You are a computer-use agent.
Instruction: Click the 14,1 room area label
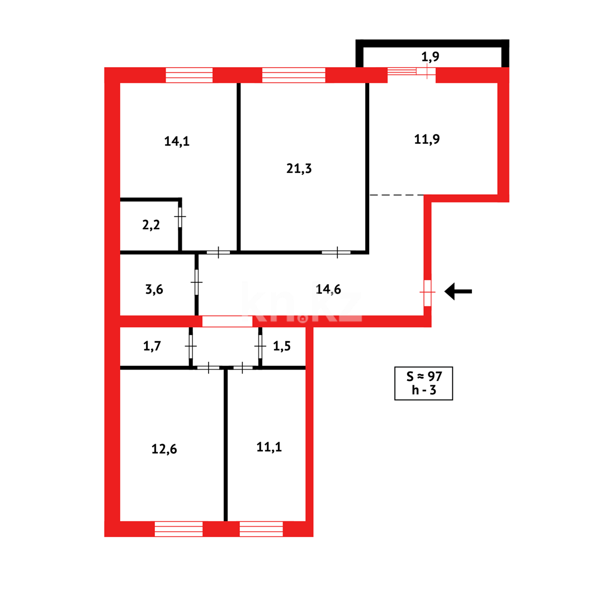tap(177, 141)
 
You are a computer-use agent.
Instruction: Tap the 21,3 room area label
tap(299, 168)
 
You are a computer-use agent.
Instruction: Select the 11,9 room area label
tap(427, 139)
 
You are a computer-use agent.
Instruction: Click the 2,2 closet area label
tap(151, 225)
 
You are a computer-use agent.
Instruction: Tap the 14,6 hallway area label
tap(328, 289)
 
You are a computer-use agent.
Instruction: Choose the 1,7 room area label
tap(152, 346)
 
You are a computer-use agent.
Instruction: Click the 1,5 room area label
tap(282, 346)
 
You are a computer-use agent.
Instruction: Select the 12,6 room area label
tap(164, 449)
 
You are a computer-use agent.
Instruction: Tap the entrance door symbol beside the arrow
tap(428, 292)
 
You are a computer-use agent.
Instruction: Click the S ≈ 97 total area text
tap(423, 376)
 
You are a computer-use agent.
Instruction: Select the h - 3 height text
tap(423, 390)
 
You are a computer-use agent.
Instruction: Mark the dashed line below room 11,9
tap(397, 195)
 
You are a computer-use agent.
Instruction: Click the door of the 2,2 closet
tap(180, 217)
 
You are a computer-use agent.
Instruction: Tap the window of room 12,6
tap(178, 528)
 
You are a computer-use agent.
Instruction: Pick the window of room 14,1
tap(189, 75)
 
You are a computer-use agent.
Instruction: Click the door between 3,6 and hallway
tap(197, 282)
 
